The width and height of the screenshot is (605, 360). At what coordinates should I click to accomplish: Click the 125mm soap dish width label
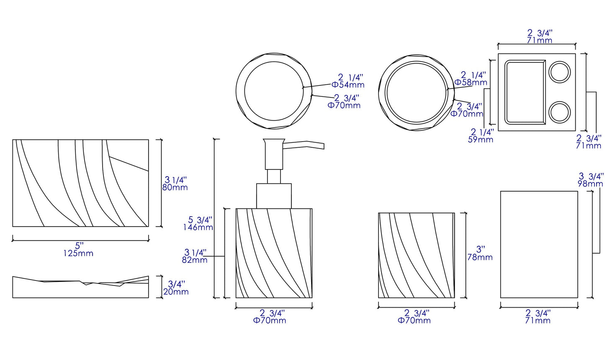pos(78,253)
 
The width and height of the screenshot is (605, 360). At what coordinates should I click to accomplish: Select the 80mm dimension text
pos(175,188)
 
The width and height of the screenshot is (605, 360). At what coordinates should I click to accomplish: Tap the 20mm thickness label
pos(176,292)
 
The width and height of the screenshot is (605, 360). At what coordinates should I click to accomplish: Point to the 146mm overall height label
pos(198,227)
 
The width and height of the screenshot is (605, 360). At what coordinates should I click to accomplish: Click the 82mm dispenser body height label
pos(195,260)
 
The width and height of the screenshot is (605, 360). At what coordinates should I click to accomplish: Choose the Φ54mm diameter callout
pos(348,85)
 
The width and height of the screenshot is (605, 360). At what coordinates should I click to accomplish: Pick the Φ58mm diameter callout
pos(471,82)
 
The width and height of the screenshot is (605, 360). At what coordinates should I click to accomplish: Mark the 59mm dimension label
pos(480,139)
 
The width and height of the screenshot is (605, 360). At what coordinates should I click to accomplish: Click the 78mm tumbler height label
pos(480,257)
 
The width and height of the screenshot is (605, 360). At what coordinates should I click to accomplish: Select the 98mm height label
pos(590,184)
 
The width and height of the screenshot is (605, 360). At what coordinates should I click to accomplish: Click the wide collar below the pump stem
pos(274,195)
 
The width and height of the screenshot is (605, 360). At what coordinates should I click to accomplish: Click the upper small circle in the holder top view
pos(559,72)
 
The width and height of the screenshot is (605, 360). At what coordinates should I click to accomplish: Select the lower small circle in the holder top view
pos(559,112)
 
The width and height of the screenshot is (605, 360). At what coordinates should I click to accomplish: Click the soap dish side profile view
pos(80,288)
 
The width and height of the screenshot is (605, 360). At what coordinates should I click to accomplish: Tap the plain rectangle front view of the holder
pos(539,244)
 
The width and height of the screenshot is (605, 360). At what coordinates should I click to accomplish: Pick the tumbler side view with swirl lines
pos(416,255)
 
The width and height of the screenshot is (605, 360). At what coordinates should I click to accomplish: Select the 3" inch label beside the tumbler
pos(480,249)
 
